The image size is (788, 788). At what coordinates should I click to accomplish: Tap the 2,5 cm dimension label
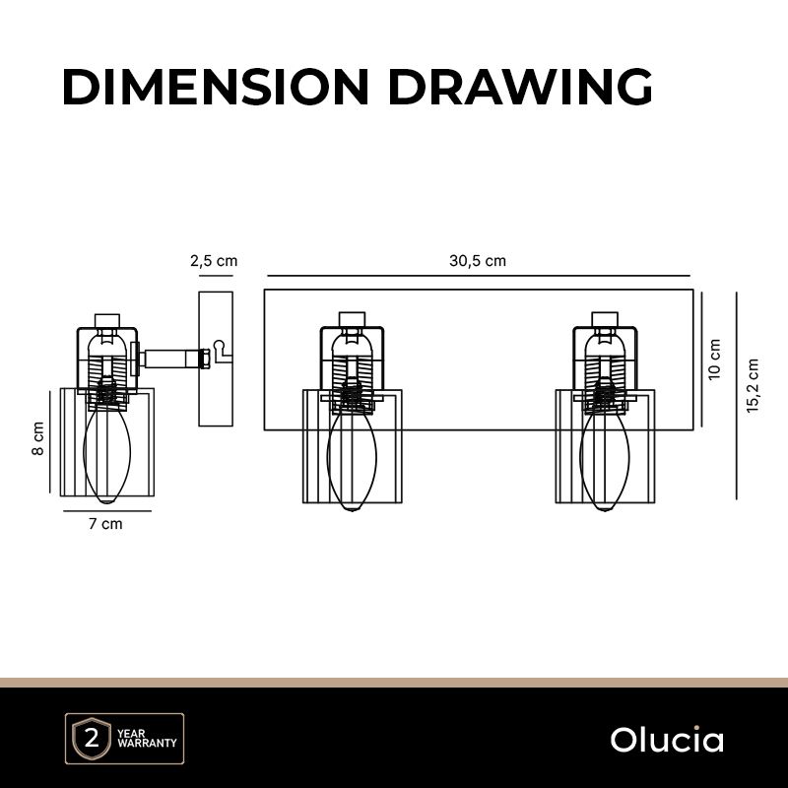[x=214, y=262]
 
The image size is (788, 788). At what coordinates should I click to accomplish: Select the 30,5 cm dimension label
[x=478, y=262]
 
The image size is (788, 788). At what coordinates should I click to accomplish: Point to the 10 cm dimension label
[x=715, y=359]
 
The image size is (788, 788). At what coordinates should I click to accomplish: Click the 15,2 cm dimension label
[x=755, y=385]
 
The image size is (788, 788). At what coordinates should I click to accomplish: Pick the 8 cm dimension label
[x=38, y=437]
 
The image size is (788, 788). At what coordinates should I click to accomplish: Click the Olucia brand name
[x=667, y=740]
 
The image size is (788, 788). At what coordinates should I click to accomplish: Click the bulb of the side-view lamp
[x=106, y=453]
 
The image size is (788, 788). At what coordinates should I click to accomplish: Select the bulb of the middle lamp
[x=352, y=458]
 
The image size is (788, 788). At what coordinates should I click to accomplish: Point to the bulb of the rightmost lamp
[x=604, y=458]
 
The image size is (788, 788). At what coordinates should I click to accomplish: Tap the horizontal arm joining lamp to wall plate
[x=170, y=357]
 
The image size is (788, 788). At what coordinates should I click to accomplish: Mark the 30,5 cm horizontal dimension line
[x=478, y=277]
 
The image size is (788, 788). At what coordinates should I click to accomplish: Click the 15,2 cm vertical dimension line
[x=738, y=394]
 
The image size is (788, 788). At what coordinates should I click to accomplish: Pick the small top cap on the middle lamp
[x=352, y=319]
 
